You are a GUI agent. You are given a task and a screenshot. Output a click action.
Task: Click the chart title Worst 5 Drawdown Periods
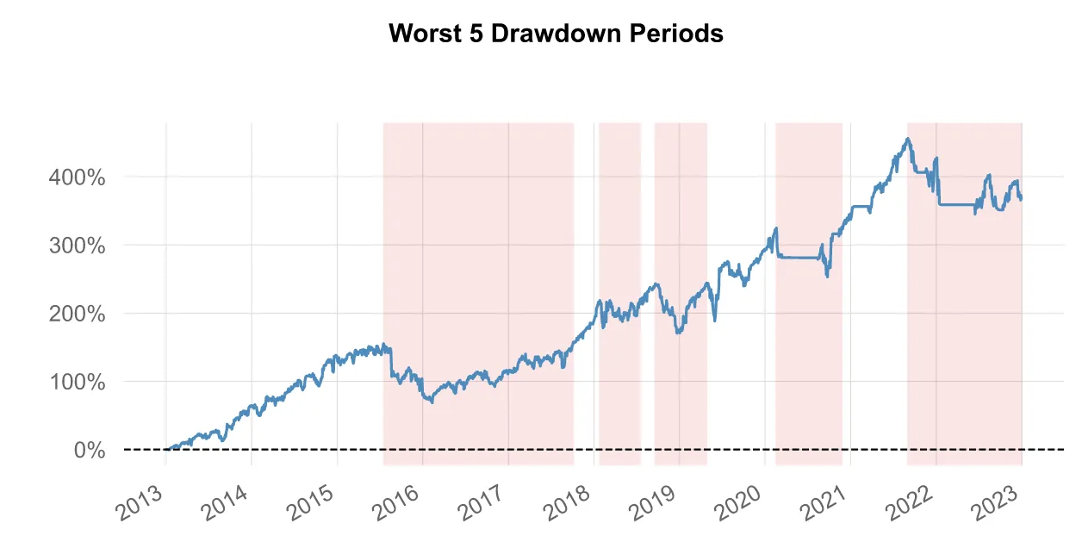point(556,34)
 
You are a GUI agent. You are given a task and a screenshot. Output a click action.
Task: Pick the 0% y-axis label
point(90,450)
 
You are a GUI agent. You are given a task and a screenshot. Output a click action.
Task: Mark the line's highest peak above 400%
point(908,139)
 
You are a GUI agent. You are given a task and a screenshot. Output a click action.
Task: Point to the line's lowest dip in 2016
point(431,402)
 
